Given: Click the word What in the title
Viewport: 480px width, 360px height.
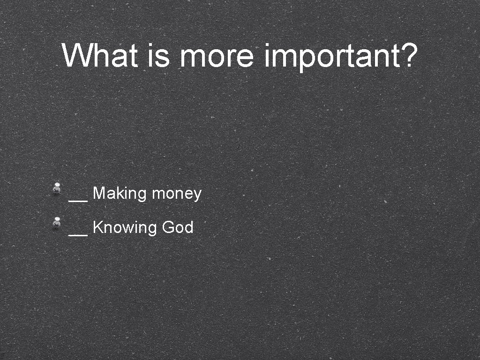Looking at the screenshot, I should (100, 55).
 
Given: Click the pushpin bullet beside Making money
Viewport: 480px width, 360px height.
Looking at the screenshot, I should (57, 187).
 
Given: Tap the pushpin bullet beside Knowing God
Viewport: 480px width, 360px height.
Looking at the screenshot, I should (57, 222).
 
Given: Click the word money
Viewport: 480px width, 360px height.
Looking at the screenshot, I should (177, 194).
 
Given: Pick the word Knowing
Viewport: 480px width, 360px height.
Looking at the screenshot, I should (124, 228).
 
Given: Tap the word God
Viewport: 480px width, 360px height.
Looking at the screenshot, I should (178, 227).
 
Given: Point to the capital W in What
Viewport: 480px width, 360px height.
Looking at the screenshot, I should (75, 55).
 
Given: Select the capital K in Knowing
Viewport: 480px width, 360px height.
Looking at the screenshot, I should (97, 227).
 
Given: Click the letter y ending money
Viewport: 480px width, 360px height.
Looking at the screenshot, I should (197, 195).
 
